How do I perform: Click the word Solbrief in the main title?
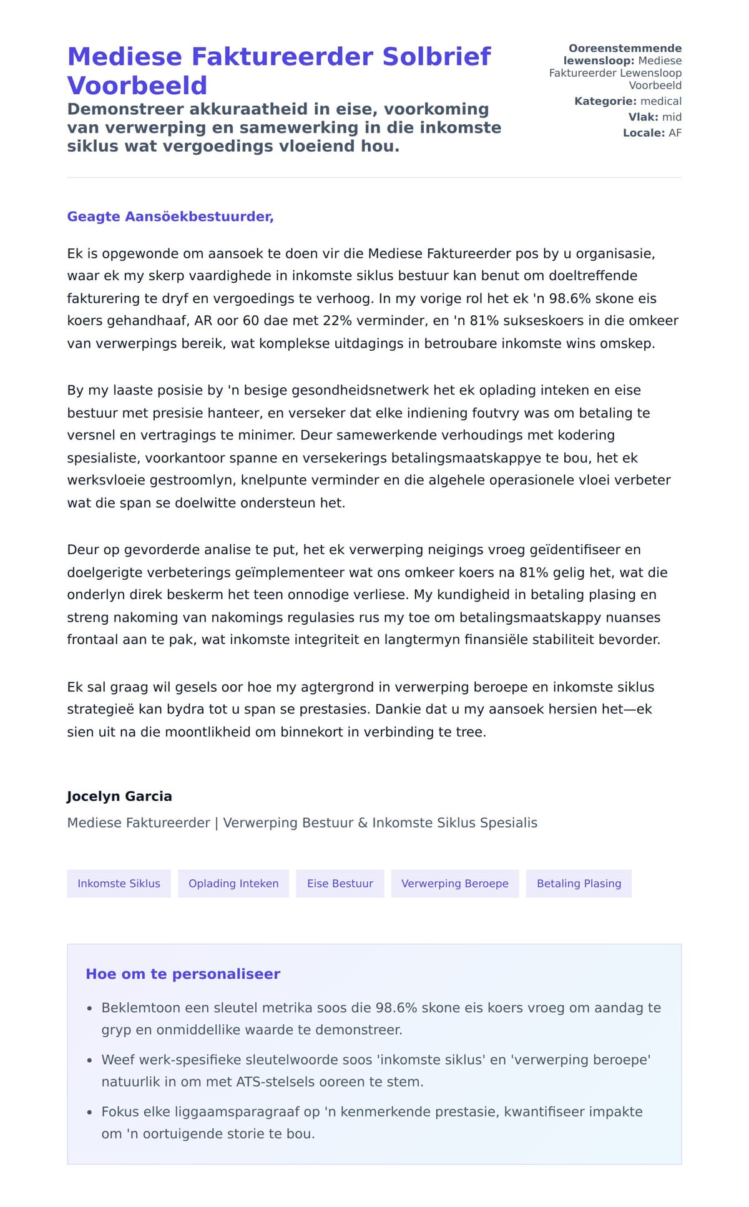pyautogui.click(x=436, y=57)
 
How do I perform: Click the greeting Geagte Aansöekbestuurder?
pyautogui.click(x=170, y=217)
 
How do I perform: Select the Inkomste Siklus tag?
pyautogui.click(x=119, y=884)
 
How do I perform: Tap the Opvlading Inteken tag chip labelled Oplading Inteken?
pyautogui.click(x=233, y=884)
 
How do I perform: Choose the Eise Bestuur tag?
pyautogui.click(x=340, y=884)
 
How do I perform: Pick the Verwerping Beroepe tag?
pyautogui.click(x=454, y=884)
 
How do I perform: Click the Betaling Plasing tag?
pyautogui.click(x=579, y=884)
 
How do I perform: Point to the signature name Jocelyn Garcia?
pyautogui.click(x=119, y=796)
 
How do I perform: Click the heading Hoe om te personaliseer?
pyautogui.click(x=183, y=974)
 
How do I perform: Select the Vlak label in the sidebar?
pyautogui.click(x=643, y=117)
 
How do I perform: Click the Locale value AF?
pyautogui.click(x=675, y=133)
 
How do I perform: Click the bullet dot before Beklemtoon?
pyautogui.click(x=90, y=1009)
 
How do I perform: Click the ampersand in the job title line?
pyautogui.click(x=363, y=823)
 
